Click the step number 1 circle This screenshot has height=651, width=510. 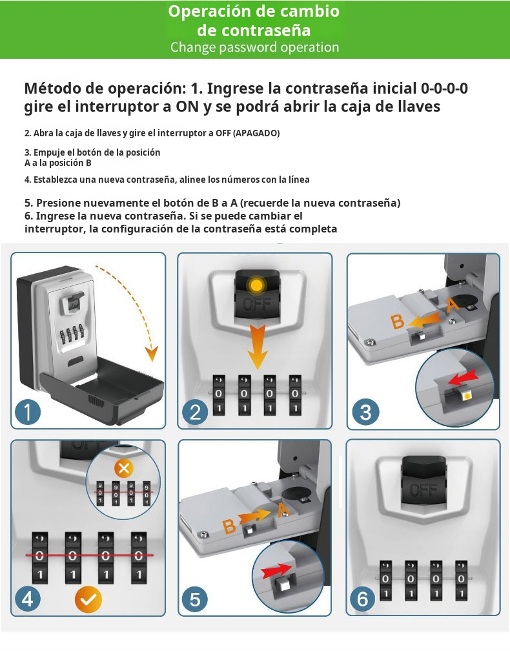click(x=28, y=412)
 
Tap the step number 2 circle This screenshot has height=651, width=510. click(x=194, y=412)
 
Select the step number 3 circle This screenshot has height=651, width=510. click(x=365, y=412)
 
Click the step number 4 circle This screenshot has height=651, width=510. click(x=27, y=599)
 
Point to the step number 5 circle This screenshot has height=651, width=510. click(x=194, y=599)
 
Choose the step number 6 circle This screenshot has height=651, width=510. click(x=363, y=599)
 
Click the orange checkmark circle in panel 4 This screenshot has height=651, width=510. click(x=88, y=599)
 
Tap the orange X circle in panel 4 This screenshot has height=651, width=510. click(x=124, y=469)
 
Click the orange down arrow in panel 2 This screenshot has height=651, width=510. click(x=258, y=347)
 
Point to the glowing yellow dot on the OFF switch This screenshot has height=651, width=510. click(x=257, y=285)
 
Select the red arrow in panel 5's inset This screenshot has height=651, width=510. click(x=276, y=570)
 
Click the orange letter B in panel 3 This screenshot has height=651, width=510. click(x=398, y=322)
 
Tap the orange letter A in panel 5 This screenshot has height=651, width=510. click(x=283, y=510)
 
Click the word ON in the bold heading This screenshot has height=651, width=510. click(x=187, y=107)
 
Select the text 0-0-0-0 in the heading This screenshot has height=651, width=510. click(x=444, y=88)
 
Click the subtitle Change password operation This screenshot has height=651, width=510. click(x=255, y=47)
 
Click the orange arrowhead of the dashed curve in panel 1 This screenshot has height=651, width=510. click(x=152, y=353)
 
